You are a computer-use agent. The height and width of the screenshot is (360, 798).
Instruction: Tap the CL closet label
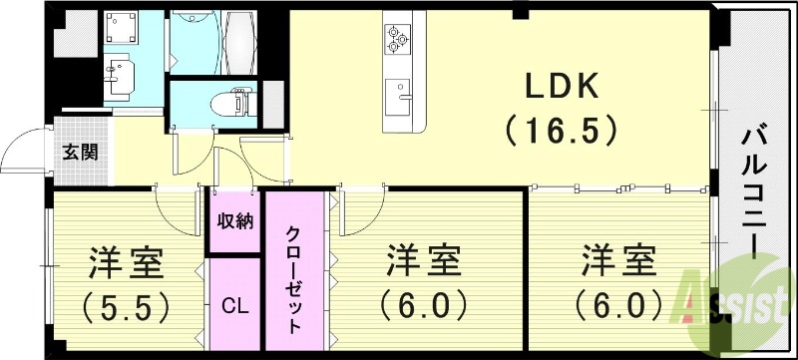tap(234, 303)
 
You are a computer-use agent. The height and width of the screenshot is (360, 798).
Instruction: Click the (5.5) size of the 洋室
tap(123, 303)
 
